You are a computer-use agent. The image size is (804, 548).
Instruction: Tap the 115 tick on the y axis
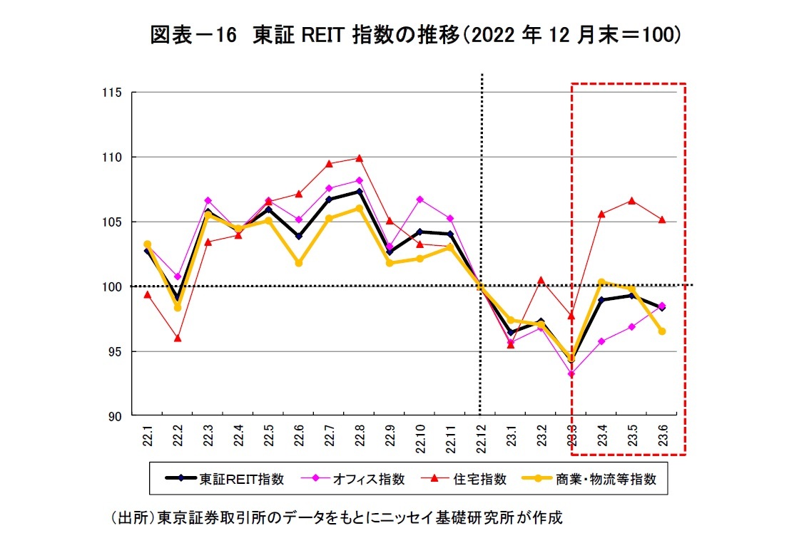point(112,93)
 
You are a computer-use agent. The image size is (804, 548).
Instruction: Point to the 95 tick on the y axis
point(115,352)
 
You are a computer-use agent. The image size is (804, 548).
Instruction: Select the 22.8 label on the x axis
point(360,435)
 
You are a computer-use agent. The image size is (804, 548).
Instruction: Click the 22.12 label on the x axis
point(480,435)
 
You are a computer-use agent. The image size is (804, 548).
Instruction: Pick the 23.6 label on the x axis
point(662,435)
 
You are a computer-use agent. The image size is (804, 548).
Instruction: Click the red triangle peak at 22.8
point(360,158)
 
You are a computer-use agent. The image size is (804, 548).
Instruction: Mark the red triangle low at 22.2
point(178,338)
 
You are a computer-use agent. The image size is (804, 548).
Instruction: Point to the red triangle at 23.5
point(631,201)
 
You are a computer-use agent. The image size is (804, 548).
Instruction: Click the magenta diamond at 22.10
point(420,200)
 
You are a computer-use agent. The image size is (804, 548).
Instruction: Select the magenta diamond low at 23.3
point(571,373)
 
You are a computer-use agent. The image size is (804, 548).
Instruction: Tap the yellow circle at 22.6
point(299,263)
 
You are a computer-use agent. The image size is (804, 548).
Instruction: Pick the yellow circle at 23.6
point(662,331)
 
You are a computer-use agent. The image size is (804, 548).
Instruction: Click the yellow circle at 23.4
point(601,282)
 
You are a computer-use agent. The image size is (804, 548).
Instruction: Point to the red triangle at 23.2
point(541,279)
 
